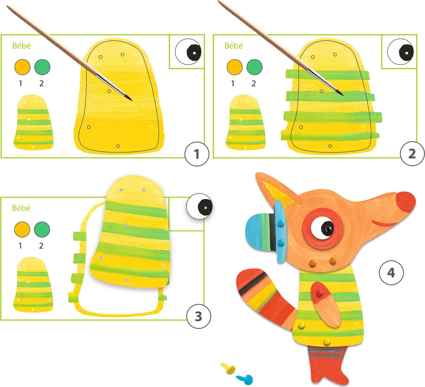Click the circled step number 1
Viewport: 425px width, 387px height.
[197, 154]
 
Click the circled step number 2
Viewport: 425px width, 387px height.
[412, 154]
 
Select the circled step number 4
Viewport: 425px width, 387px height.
[391, 273]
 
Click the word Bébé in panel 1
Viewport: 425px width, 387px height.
[22, 46]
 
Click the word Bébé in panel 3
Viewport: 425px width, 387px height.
[21, 208]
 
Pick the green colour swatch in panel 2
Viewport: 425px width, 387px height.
[254, 67]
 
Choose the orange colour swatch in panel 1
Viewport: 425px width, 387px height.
[22, 67]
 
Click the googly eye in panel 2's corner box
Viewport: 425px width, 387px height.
[401, 52]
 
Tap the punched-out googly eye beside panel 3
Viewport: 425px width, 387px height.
[199, 206]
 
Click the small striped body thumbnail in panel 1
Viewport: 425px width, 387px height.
[33, 123]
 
